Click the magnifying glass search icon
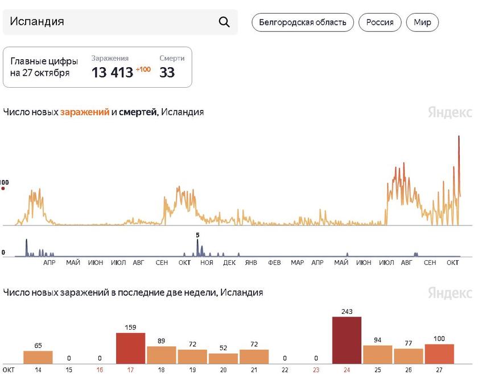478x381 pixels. click(x=224, y=22)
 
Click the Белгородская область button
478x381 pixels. click(x=302, y=23)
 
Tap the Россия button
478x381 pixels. click(x=380, y=23)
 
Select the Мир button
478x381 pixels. click(x=422, y=23)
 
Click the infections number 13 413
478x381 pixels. click(x=112, y=72)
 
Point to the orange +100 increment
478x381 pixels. click(x=143, y=69)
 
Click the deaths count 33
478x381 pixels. click(x=167, y=72)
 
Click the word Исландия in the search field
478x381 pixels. click(x=37, y=22)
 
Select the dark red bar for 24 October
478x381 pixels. click(x=347, y=340)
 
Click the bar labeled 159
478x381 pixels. click(x=130, y=348)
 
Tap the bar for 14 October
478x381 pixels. click(x=38, y=357)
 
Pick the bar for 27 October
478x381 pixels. click(x=439, y=354)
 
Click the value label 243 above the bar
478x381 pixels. click(x=347, y=312)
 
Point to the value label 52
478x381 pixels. click(x=223, y=348)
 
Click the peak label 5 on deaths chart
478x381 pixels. click(x=197, y=235)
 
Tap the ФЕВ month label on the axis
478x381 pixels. click(x=274, y=263)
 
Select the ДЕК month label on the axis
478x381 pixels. click(x=229, y=263)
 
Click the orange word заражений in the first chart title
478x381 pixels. click(x=84, y=112)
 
